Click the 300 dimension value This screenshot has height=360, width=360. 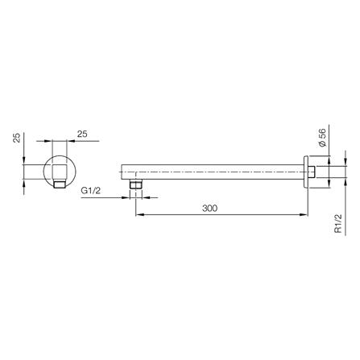pos(209,208)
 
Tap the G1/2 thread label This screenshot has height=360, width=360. pos(91,191)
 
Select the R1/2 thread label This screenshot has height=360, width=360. pos(338,223)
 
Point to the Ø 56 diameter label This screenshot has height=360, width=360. pos(322,137)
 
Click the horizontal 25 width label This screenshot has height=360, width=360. pos(82,134)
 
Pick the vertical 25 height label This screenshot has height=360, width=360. pos(17,139)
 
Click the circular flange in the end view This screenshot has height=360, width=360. pos(60,171)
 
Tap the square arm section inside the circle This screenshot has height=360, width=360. pos(60,172)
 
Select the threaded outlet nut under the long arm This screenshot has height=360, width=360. pos(135,184)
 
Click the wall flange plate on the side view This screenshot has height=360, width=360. pos(306,172)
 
